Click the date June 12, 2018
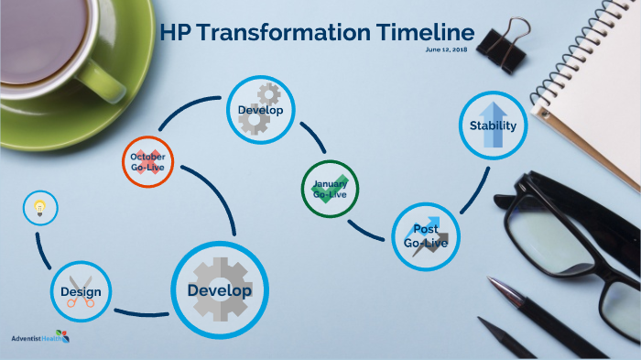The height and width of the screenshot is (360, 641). coord(446,49)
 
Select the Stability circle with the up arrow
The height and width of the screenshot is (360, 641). coord(493,126)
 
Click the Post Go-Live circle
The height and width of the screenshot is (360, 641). coord(426,236)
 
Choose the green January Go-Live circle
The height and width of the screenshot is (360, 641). coord(330,189)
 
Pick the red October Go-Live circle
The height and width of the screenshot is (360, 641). coord(147,162)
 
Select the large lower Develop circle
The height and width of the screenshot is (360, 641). coord(219,290)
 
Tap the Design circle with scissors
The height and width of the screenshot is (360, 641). coord(81,293)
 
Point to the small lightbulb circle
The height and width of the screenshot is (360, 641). coord(39,208)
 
